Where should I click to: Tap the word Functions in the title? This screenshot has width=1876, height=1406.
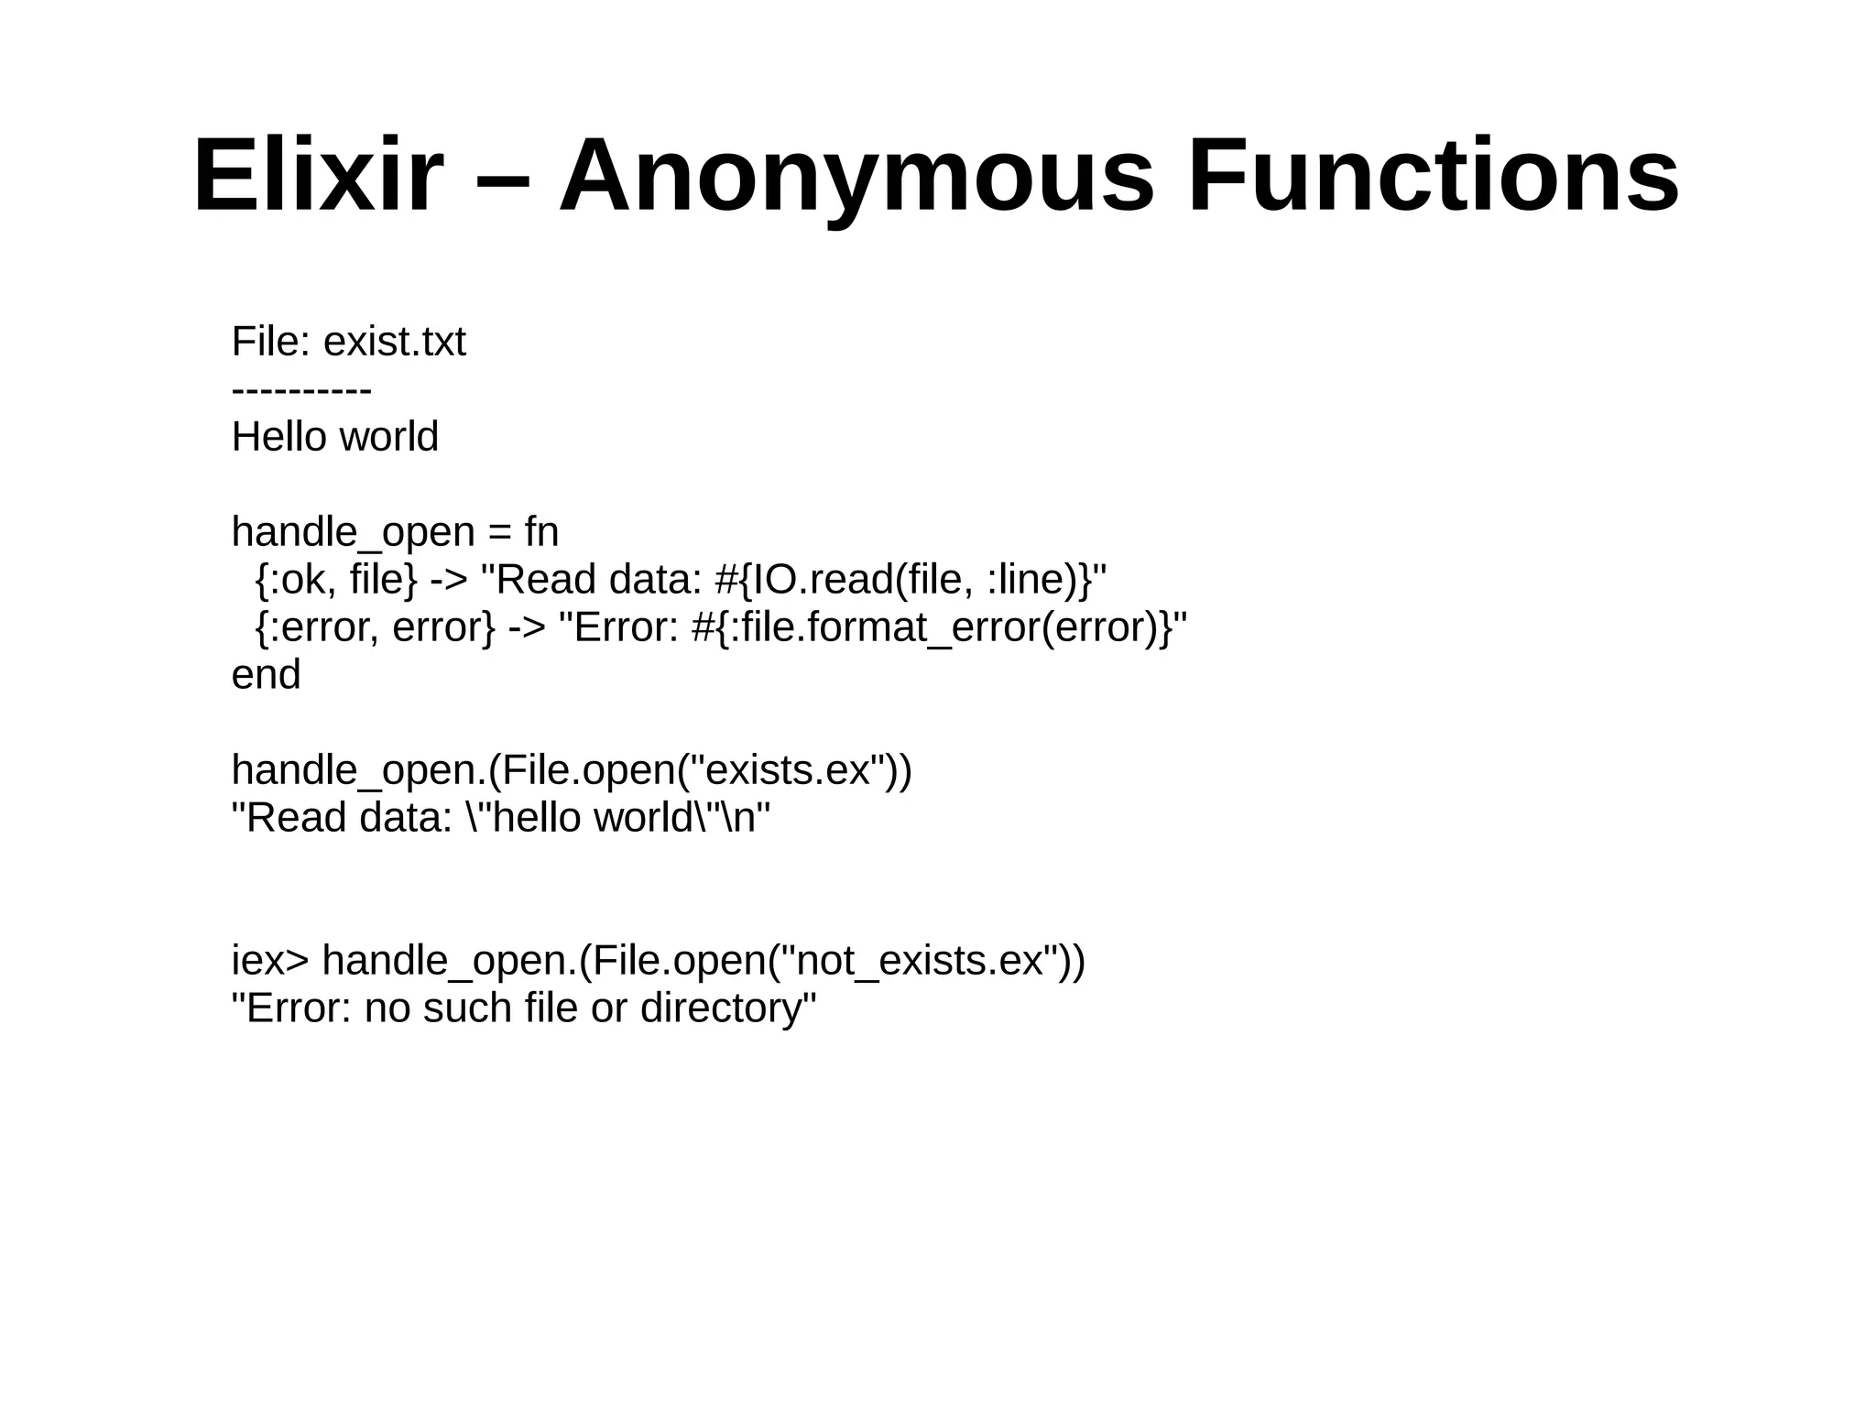[x=1433, y=175]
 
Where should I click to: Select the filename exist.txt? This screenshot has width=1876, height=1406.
[x=394, y=343]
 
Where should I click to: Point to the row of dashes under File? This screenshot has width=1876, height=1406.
[x=301, y=391]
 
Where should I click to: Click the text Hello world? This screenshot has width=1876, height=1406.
[x=334, y=437]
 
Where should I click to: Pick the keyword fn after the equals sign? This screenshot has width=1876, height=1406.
[x=540, y=532]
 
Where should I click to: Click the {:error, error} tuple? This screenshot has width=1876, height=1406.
[x=375, y=628]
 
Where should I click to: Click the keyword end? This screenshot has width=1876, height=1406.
[x=266, y=676]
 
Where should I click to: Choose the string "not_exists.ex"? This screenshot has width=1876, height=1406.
[x=920, y=961]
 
